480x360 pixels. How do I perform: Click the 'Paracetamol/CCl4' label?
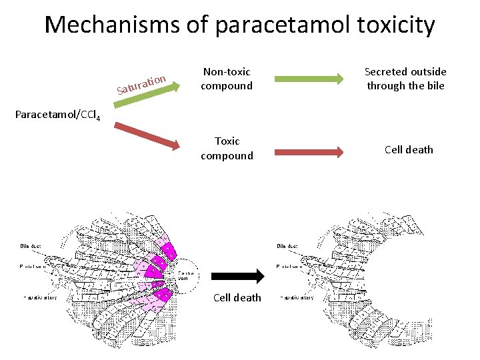[51, 117]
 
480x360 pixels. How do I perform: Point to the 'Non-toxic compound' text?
[227, 79]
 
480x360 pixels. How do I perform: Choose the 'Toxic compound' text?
[227, 148]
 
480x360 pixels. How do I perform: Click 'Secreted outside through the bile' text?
[405, 79]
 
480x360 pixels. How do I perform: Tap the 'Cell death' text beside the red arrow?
[409, 149]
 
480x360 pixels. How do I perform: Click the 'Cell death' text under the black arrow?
[237, 297]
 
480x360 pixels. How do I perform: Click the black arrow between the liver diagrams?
[237, 275]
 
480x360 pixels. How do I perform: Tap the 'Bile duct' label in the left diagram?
[30, 245]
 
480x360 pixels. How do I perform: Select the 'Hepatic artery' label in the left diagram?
[40, 297]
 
